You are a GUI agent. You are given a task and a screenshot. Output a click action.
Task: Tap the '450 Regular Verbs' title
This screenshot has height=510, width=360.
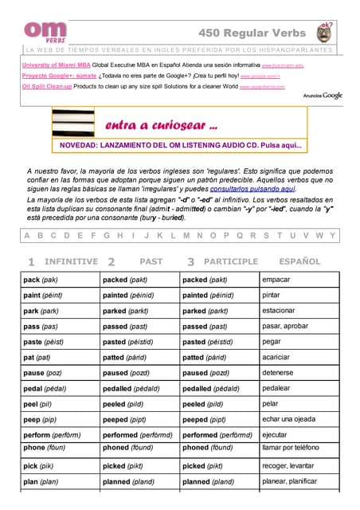pyautogui.click(x=254, y=32)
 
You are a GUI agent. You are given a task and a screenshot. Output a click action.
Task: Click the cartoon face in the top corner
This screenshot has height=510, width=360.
pyautogui.click(x=325, y=33)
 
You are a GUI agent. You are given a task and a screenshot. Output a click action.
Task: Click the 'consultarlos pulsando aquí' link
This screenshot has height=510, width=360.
pyautogui.click(x=252, y=189)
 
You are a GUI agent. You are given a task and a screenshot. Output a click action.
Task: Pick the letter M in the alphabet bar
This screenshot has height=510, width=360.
pyautogui.click(x=186, y=236)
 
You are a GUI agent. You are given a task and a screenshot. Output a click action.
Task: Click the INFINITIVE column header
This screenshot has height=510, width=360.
pyautogui.click(x=71, y=261)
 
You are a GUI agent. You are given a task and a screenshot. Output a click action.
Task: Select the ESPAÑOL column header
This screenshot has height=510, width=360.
pyautogui.click(x=299, y=261)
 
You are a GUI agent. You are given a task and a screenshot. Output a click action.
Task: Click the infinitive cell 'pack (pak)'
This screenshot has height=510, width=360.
pyautogui.click(x=41, y=280)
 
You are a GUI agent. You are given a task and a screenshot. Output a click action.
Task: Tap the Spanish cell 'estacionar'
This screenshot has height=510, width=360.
pyautogui.click(x=279, y=310)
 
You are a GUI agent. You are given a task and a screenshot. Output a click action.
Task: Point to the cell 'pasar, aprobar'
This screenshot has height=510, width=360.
pyautogui.click(x=285, y=326)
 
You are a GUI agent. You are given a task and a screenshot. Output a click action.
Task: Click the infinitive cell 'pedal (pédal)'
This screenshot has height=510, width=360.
pyautogui.click(x=45, y=388)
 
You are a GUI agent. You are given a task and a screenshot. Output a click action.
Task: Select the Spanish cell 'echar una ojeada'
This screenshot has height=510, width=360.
pyautogui.click(x=291, y=419)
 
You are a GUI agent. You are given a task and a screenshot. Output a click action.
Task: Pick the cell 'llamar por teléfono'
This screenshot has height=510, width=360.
pyautogui.click(x=295, y=449)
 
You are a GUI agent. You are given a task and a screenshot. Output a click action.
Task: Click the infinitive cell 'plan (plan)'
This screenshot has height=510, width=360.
pyautogui.click(x=41, y=481)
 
